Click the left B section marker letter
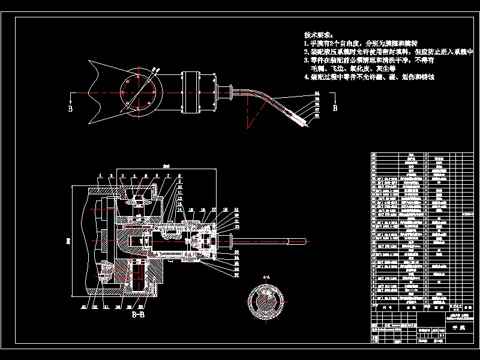[x=70, y=109]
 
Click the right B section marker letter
[x=335, y=109]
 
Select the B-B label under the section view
[x=137, y=313]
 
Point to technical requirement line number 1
[x=360, y=44]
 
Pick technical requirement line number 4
[x=368, y=77]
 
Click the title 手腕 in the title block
[x=458, y=329]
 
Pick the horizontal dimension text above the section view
[x=167, y=165]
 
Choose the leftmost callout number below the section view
[x=85, y=307]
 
